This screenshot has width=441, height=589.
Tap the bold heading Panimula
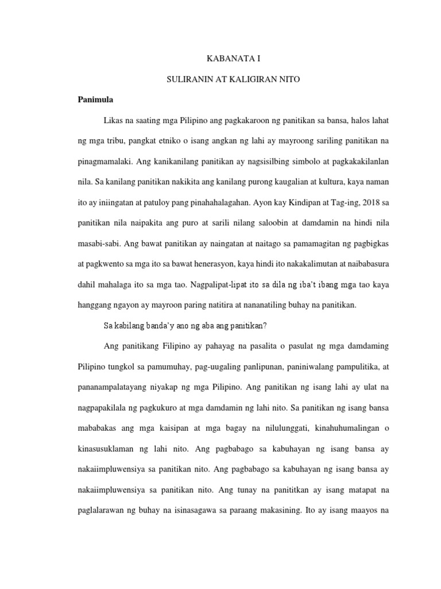95,100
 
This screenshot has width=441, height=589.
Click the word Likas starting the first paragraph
113,120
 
